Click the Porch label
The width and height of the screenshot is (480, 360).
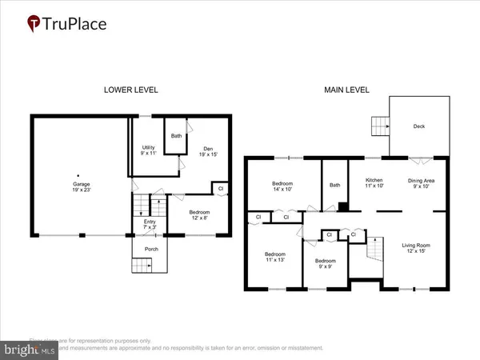151,249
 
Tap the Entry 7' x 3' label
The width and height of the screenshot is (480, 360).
147,225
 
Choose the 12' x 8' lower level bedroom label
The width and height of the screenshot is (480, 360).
199,215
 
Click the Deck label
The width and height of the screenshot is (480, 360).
420,126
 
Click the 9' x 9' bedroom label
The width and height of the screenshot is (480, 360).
325,264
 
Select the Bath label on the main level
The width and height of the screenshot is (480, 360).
335,186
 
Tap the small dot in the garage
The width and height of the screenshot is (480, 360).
78,175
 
